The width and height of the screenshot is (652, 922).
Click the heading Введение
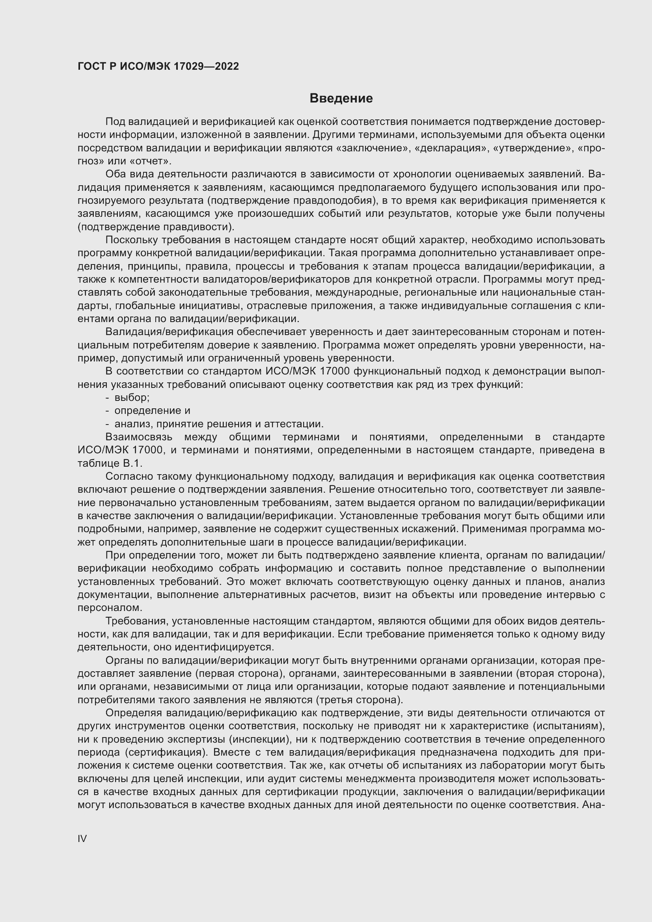coord(341,99)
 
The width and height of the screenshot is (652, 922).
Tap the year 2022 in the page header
coord(227,66)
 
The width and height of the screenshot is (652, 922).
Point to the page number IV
coord(82,838)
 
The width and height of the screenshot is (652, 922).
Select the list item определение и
coord(152,411)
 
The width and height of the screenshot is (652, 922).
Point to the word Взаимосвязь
coord(139,437)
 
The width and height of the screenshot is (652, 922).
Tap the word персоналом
coord(110,607)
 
